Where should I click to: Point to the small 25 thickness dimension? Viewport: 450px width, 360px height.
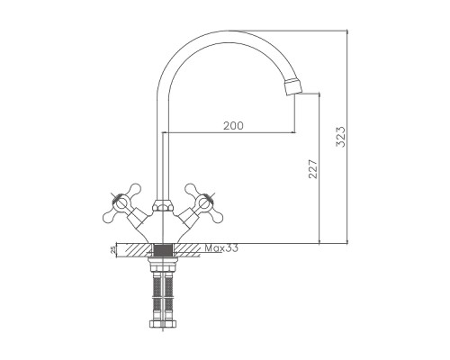pos(112,249)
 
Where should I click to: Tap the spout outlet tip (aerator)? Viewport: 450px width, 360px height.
pos(292,86)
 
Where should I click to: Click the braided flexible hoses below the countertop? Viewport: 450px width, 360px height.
pos(163,292)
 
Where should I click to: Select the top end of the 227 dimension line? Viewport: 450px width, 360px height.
pos(321,93)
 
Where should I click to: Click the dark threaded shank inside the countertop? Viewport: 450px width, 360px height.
pos(163,249)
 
